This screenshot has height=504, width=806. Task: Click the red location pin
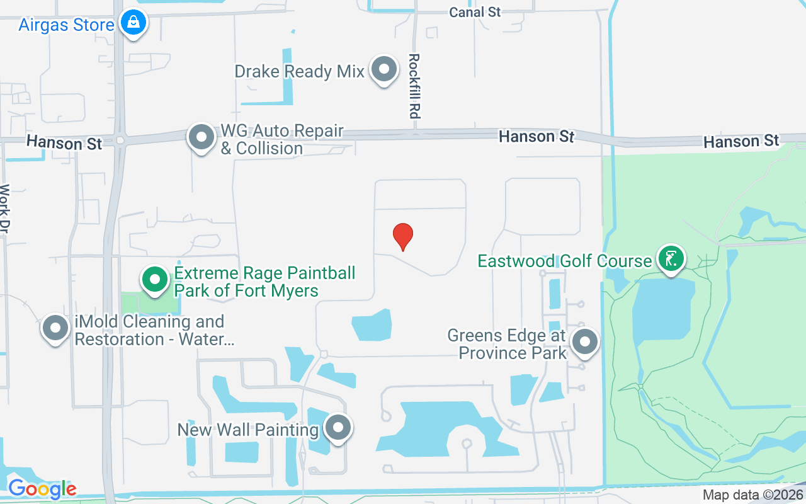click(403, 236)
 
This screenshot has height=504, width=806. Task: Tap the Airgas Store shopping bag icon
click(133, 23)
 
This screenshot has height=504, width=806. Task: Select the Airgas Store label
click(66, 25)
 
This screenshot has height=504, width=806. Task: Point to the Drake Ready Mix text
click(299, 71)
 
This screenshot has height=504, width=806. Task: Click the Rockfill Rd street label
click(414, 86)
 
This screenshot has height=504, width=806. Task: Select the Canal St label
click(475, 12)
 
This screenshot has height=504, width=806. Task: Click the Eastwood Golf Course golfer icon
click(671, 258)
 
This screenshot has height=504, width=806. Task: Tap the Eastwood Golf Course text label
click(564, 261)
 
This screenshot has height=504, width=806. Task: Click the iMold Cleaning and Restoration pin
click(55, 328)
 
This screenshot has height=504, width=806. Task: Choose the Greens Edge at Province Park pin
click(585, 343)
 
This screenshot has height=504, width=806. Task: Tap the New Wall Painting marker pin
click(339, 428)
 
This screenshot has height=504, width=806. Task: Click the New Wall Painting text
click(248, 430)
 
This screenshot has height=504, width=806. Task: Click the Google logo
click(42, 489)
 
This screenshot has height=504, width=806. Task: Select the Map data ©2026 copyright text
click(753, 495)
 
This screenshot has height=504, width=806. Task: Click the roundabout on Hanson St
click(120, 140)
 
